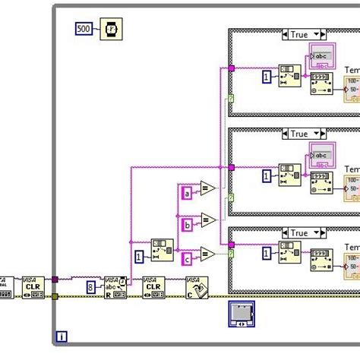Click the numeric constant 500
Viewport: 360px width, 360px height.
tap(84, 29)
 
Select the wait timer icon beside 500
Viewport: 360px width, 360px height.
tap(110, 29)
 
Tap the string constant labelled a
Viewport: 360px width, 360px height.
tap(187, 194)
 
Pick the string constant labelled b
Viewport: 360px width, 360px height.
tap(187, 225)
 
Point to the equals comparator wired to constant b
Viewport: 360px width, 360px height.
tap(207, 221)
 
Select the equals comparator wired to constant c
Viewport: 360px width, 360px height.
tap(207, 253)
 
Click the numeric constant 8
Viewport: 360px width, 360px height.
tap(90, 288)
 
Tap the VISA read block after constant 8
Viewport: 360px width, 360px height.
tap(115, 287)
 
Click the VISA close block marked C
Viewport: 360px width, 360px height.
tap(197, 287)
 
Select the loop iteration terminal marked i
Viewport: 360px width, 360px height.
tap(62, 336)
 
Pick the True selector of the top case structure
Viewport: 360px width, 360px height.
tap(303, 34)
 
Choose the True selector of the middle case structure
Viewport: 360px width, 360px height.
tap(303, 134)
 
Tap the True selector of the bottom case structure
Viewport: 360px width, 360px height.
tap(303, 233)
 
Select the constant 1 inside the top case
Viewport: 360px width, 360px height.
tap(266, 77)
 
